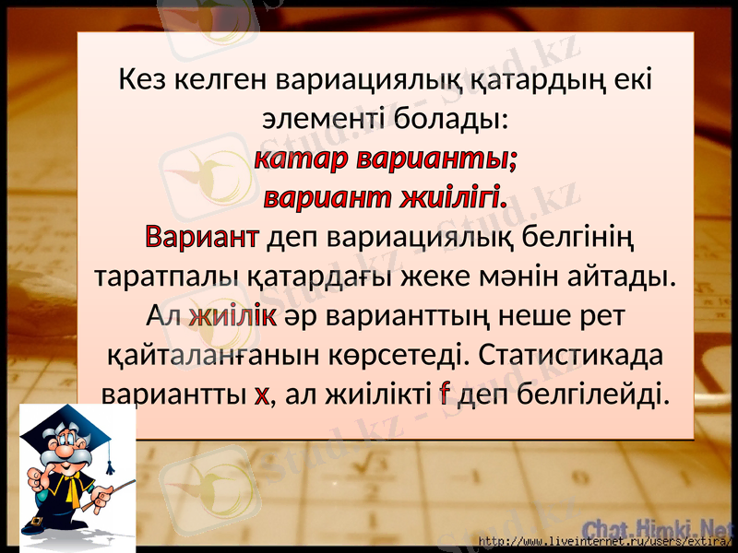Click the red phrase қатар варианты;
[x=384, y=159]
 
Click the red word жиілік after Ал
[x=233, y=316]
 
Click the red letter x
[x=261, y=395]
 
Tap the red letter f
[x=445, y=395]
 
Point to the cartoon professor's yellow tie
[x=72, y=488]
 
